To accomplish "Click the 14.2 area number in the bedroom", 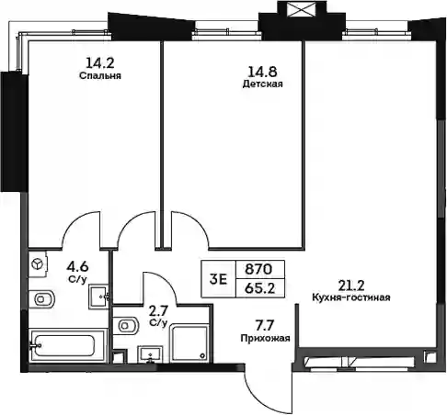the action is (100, 63).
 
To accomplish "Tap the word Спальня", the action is (100, 75).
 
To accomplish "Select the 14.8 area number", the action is (262, 72).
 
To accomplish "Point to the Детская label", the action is (262, 84).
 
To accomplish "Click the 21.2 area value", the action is (351, 286).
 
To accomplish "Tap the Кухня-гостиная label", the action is (351, 297).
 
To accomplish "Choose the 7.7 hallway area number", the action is (265, 326).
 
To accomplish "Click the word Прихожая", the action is (265, 338).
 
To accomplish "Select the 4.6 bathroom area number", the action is (77, 267).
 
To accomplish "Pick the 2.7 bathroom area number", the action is (158, 311).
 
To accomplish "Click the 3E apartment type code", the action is (218, 279).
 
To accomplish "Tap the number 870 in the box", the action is (258, 269).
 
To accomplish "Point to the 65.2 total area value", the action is (260, 288).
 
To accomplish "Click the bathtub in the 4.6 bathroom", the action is (68, 346).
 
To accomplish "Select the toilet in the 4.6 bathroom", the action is (41, 299).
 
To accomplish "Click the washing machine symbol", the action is (38, 264).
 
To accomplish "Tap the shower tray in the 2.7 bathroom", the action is (189, 343).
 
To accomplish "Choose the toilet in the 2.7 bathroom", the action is (126, 325).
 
